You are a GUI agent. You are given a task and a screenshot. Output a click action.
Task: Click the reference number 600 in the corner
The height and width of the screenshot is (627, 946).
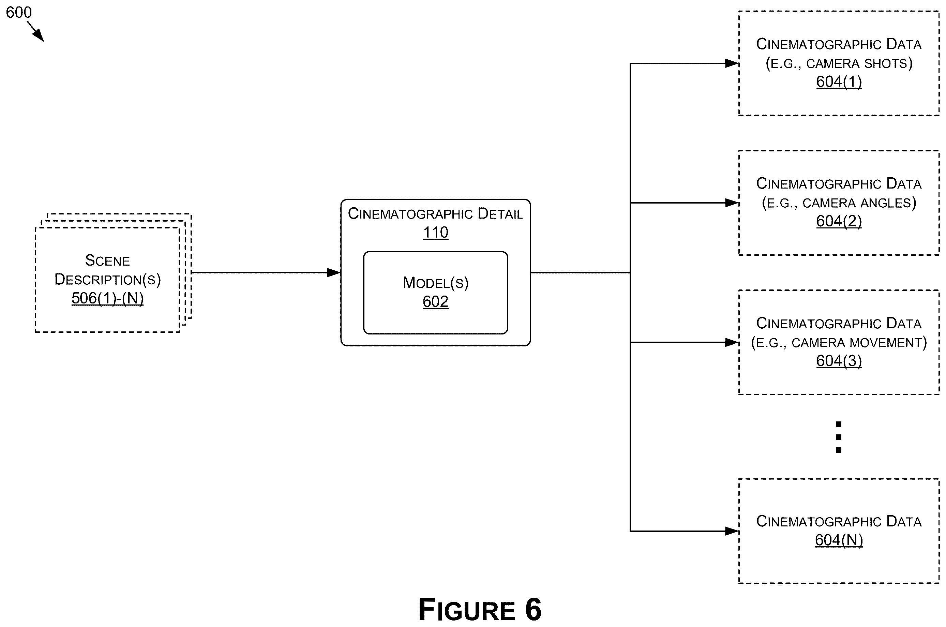pyautogui.click(x=19, y=12)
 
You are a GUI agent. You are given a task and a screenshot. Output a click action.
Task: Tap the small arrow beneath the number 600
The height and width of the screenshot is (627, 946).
pyautogui.click(x=35, y=31)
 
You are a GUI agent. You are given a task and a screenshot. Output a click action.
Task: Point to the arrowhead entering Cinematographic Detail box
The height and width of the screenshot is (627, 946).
pyautogui.click(x=333, y=273)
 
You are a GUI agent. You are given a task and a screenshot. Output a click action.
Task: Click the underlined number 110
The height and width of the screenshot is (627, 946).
pyautogui.click(x=436, y=232)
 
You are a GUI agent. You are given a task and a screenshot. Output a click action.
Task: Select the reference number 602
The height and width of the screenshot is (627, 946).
pyautogui.click(x=436, y=301)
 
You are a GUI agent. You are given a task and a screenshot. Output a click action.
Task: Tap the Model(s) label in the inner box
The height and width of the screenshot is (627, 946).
pyautogui.click(x=436, y=283)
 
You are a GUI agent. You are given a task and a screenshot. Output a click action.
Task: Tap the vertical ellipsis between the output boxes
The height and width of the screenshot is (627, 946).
pyautogui.click(x=838, y=437)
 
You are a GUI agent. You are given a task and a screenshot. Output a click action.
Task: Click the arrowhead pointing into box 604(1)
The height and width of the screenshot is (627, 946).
pyautogui.click(x=732, y=63)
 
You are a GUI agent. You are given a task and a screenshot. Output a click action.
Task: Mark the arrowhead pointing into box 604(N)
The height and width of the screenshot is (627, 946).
pyautogui.click(x=732, y=531)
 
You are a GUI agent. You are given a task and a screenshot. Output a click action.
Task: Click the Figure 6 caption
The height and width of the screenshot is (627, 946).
pyautogui.click(x=480, y=609)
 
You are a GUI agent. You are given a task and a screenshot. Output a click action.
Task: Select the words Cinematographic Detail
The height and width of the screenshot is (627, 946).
pyautogui.click(x=436, y=214)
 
